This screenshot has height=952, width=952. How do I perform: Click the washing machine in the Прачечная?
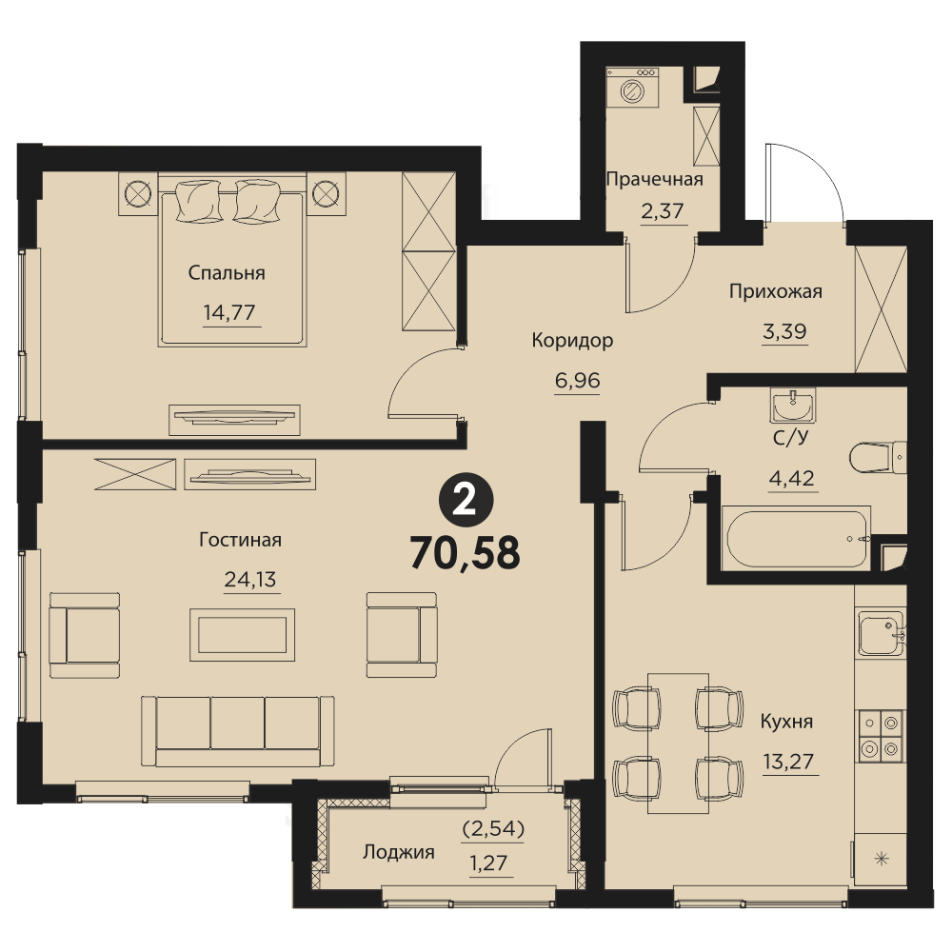coord(632,89)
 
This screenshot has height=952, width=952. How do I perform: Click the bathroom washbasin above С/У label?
coord(792,405)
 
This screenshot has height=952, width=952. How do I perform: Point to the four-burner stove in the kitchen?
coord(881,735)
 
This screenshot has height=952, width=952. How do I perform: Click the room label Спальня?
coord(227,273)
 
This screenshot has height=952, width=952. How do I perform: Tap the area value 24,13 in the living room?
coord(250,580)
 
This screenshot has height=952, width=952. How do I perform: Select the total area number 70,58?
coord(466,553)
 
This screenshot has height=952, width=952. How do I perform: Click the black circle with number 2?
coord(466,501)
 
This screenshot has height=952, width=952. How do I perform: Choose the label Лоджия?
coord(399,852)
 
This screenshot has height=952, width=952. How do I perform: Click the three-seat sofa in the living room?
coord(237,731)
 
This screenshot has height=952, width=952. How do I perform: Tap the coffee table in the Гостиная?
coord(242,635)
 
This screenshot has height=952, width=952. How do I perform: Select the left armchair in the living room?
coord(85,635)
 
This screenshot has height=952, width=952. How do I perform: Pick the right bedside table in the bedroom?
coord(326,193)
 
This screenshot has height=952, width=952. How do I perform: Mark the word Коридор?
coord(572,341)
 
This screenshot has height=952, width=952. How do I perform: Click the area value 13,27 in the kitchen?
coord(788,762)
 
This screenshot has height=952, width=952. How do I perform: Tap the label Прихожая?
coord(775,291)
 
